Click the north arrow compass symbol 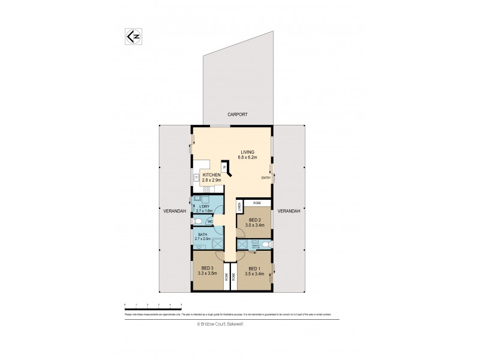pyautogui.click(x=135, y=36)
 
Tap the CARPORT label pyautogui.click(x=237, y=114)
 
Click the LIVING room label pyautogui.click(x=248, y=152)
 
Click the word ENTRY pyautogui.click(x=265, y=178)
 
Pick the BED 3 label pyautogui.click(x=206, y=270)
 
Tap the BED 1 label pyautogui.click(x=255, y=270)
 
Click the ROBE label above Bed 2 pyautogui.click(x=256, y=203)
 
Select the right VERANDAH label pyautogui.click(x=290, y=211)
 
